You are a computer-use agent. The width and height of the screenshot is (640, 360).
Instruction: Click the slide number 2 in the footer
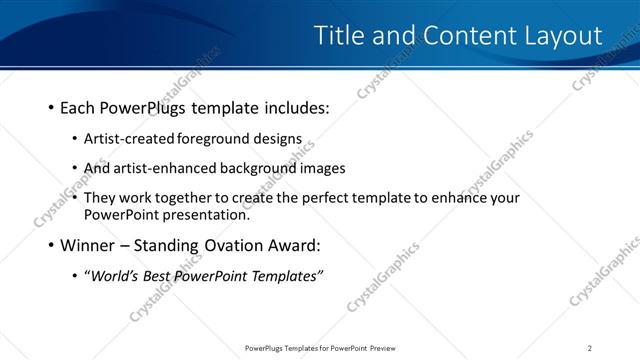pos(590,348)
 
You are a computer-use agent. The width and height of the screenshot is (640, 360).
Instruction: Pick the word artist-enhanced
pos(161,168)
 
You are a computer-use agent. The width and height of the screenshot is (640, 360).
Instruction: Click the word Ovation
pos(231,245)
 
